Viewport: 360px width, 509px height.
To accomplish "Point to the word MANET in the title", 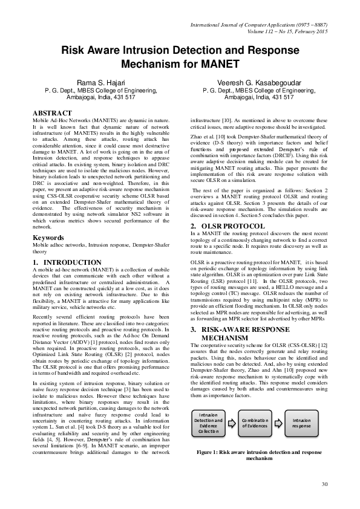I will (214, 63).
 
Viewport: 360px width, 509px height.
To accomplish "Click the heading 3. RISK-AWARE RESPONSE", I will (235, 329).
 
